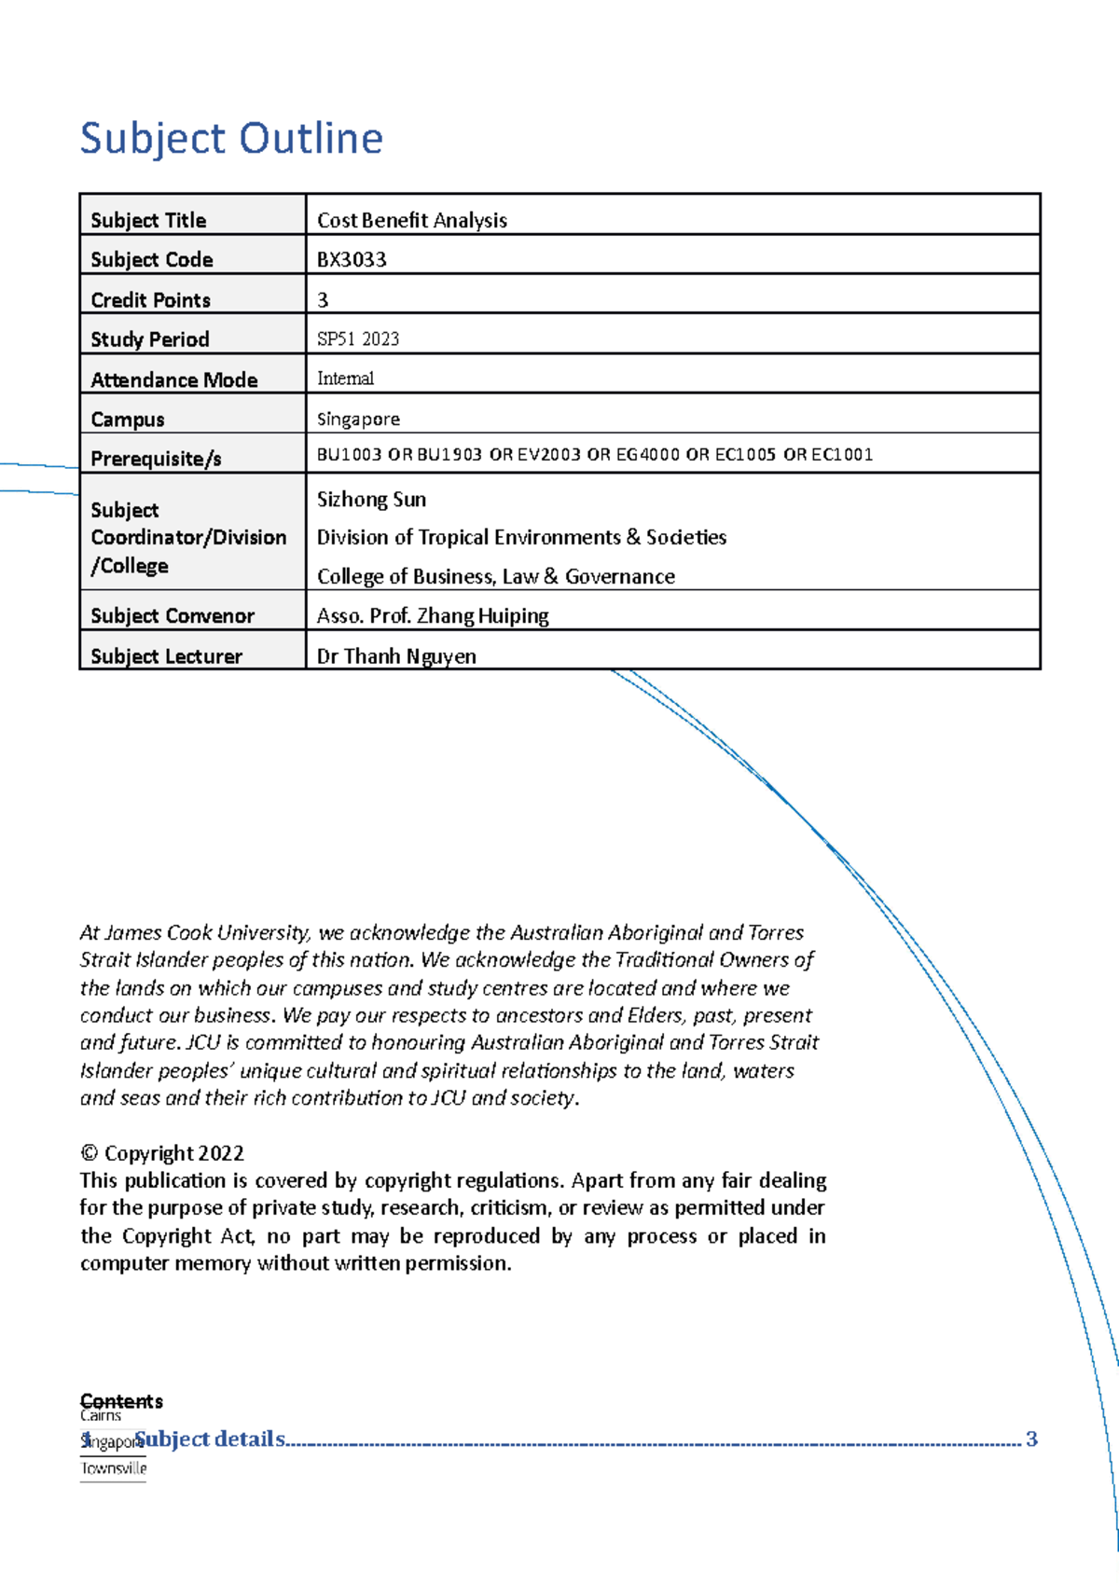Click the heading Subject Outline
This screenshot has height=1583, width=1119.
coord(231,139)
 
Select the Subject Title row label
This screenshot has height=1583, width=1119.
coord(148,220)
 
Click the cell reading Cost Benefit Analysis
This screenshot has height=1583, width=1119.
coord(411,220)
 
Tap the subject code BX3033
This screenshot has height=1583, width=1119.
coord(352,260)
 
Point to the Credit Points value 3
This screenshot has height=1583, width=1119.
coord(323,300)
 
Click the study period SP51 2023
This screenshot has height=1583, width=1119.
coord(358,339)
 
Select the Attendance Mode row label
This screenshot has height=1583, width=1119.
coord(173,379)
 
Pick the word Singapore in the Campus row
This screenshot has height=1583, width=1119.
coord(358,420)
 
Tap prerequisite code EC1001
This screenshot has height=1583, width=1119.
coord(842,455)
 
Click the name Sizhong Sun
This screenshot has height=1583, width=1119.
coord(371,500)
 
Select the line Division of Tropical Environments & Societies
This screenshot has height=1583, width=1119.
coord(521,538)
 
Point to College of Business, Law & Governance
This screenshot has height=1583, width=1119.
coord(495,577)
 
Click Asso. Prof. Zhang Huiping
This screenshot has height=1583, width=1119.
coord(433,616)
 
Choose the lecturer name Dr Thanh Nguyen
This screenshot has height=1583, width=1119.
coord(396,656)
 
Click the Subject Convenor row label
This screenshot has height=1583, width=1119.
coord(172,616)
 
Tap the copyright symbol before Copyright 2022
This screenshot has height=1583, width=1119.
coord(90,1153)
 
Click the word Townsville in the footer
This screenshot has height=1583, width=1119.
coord(113,1468)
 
